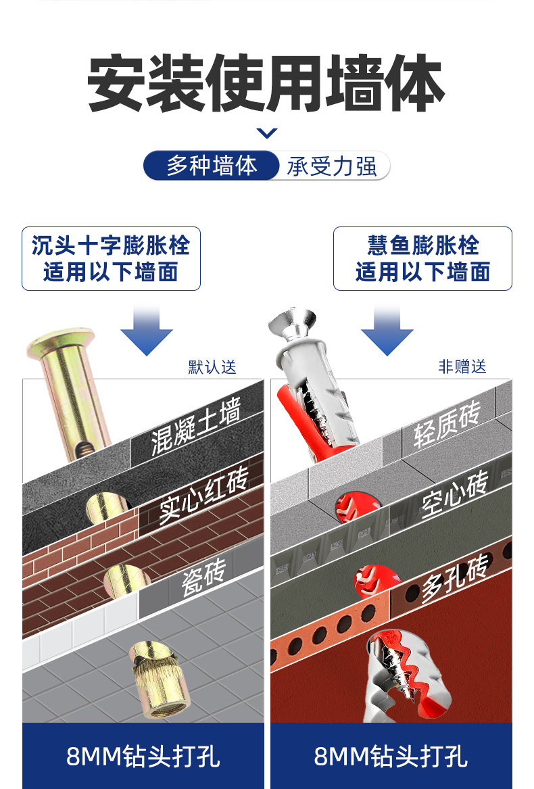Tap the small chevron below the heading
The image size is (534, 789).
click(x=267, y=133)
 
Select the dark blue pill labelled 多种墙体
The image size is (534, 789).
click(x=212, y=166)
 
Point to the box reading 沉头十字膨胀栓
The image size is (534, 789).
click(x=111, y=258)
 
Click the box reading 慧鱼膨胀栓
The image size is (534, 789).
click(x=422, y=258)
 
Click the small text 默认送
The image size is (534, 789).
click(x=212, y=367)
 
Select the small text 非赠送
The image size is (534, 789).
click(x=462, y=367)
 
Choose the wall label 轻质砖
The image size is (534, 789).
click(x=446, y=425)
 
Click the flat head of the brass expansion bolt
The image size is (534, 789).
click(x=59, y=341)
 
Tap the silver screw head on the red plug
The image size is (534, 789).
click(x=291, y=324)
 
